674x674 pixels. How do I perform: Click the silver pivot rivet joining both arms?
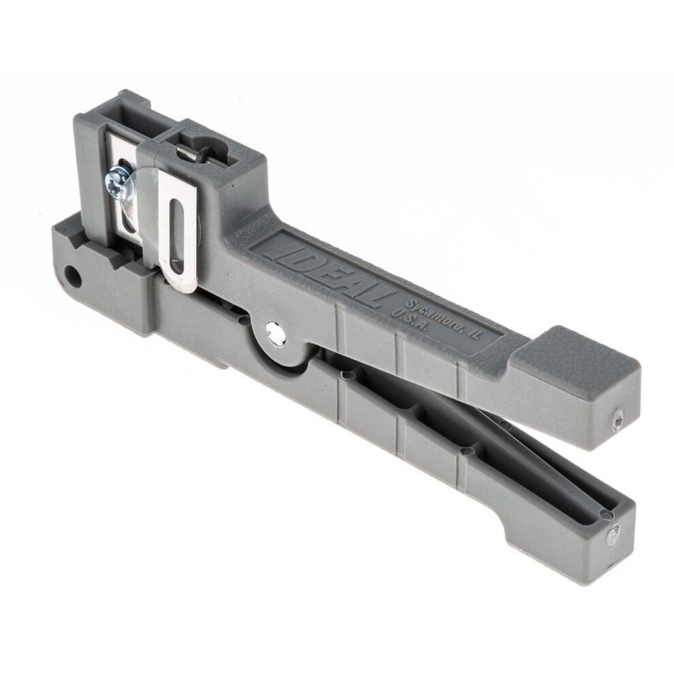tap(276, 331)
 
